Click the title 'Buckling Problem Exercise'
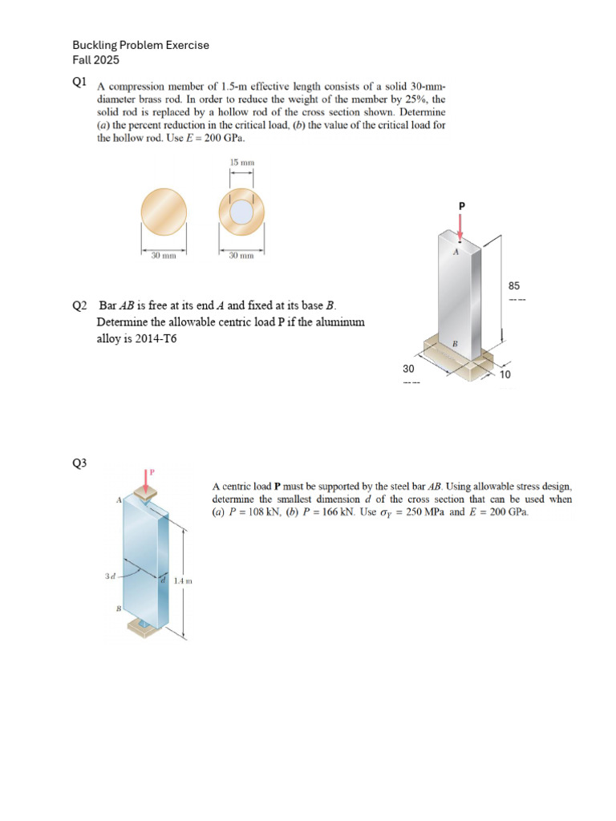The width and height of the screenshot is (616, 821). pos(140,45)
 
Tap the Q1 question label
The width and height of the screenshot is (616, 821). pos(79,82)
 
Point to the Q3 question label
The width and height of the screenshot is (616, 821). pos(79,463)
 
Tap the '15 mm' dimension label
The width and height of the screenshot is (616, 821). pos(241,163)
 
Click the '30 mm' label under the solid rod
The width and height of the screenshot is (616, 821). pos(164,256)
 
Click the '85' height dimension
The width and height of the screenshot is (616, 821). pos(515,285)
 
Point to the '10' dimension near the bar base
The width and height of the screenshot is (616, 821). pos(505,374)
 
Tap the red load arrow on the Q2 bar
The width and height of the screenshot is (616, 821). pos(460,228)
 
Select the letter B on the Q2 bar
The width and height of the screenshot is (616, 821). pos(455,343)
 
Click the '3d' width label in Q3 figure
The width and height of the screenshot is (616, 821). pos(109,576)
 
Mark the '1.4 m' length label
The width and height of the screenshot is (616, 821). pos(182,580)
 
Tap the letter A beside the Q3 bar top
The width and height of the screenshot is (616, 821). pos(119,499)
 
